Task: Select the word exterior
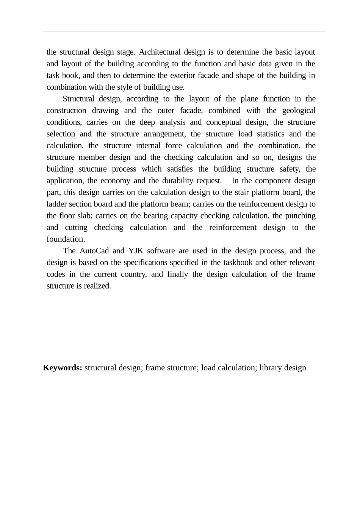tap(193, 75)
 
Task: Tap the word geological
tap(299, 111)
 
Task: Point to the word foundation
tap(65, 239)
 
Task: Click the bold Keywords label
tap(63, 368)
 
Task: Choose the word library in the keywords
tap(271, 368)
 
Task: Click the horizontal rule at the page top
tap(184, 32)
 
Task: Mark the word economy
tap(115, 181)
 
